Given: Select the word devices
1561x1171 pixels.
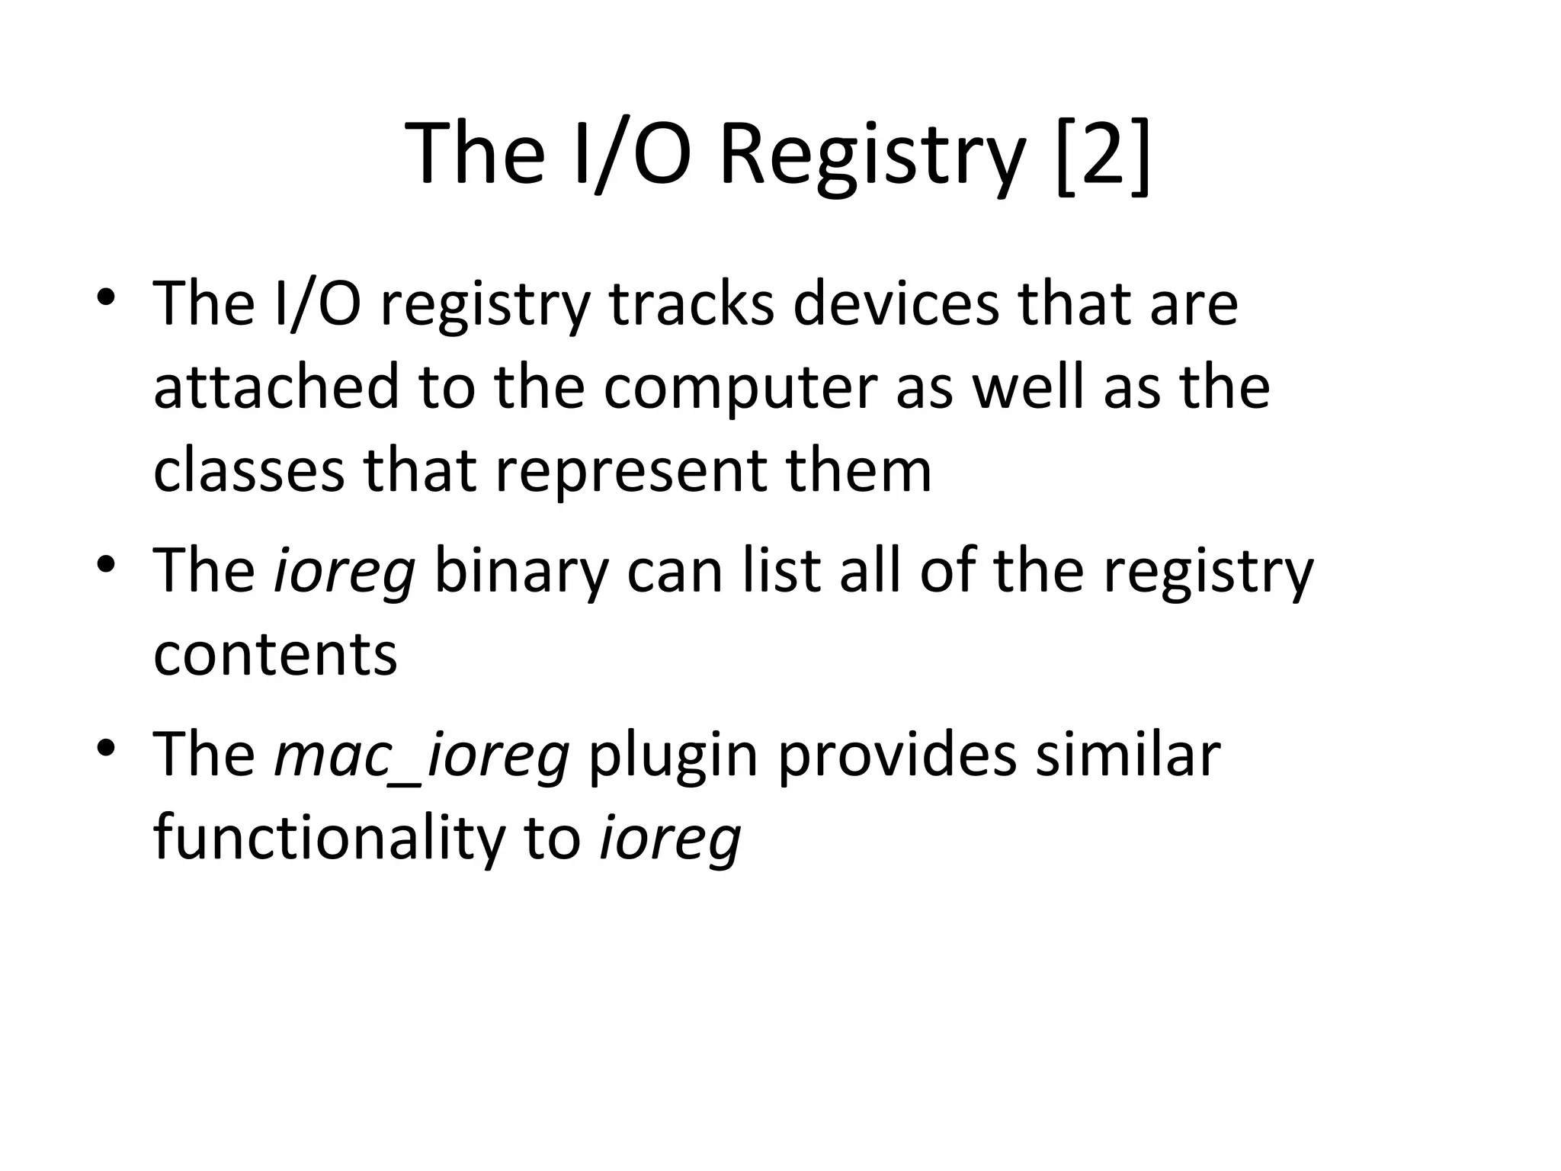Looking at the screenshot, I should click(895, 304).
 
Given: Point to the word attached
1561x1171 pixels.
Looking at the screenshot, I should click(276, 387).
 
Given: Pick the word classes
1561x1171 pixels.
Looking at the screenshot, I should click(248, 470).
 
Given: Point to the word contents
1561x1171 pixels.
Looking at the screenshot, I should click(275, 655).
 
